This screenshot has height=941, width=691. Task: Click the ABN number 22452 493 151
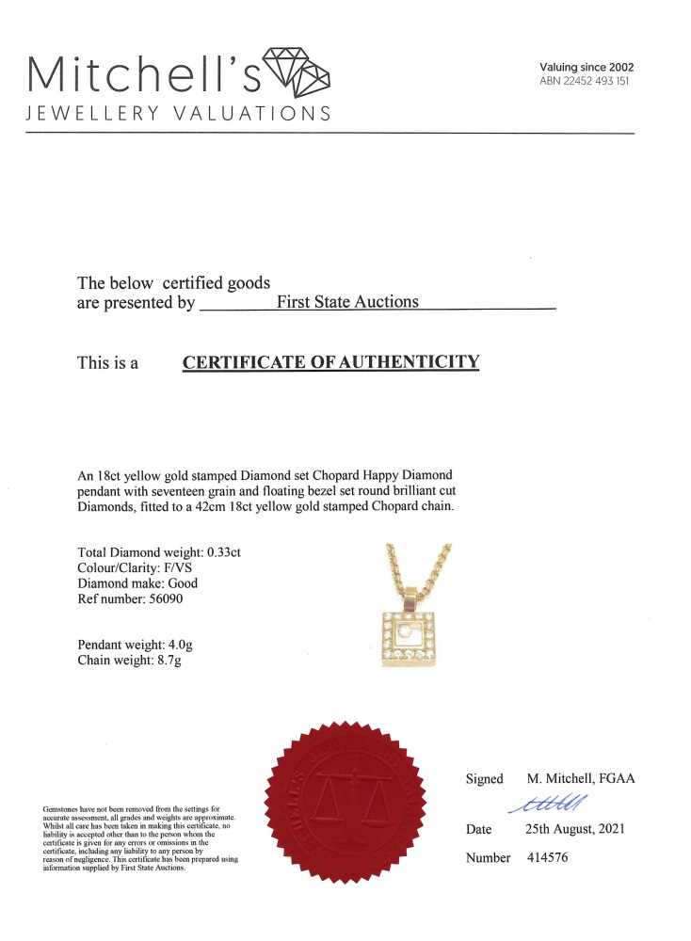point(585,82)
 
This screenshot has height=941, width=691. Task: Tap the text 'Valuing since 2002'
point(587,67)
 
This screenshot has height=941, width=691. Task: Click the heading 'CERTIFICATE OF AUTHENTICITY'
point(330,362)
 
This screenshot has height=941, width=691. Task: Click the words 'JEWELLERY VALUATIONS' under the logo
point(179,114)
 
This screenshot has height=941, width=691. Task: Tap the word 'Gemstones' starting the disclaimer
point(61,808)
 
